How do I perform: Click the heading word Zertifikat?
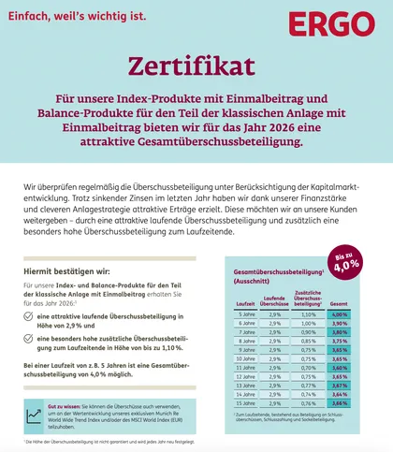[x=196, y=66]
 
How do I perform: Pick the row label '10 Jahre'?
[x=245, y=357]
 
